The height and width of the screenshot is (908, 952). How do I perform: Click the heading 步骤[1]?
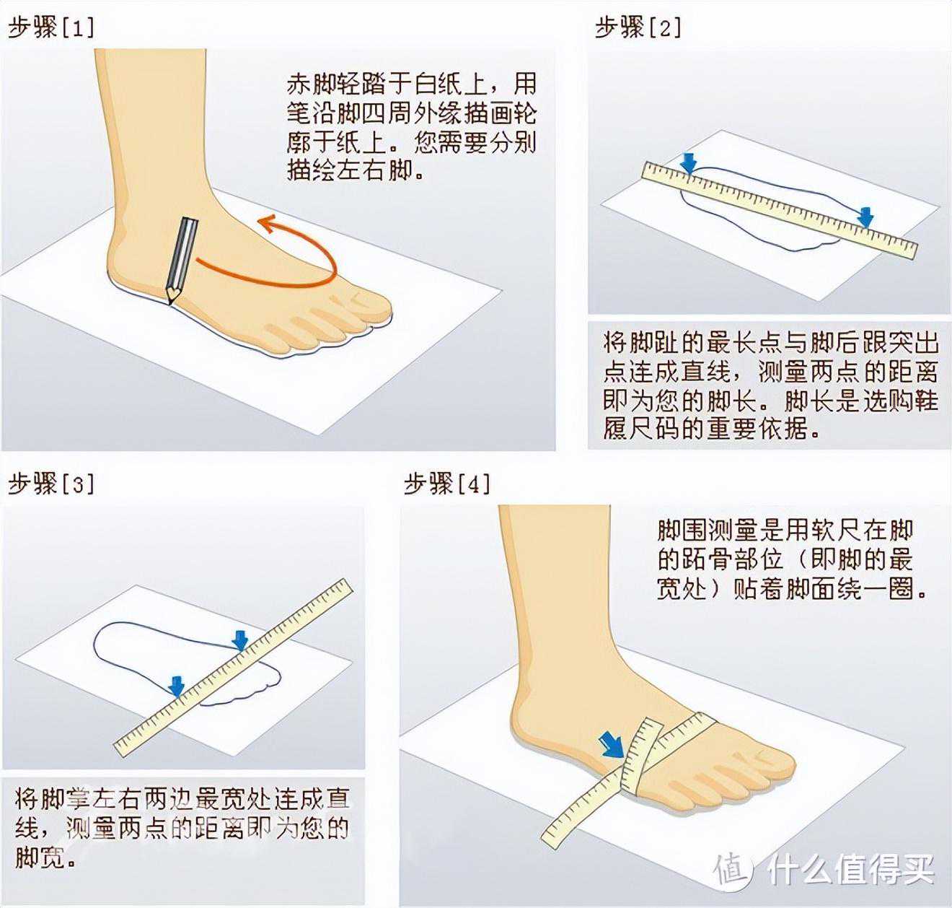point(51,28)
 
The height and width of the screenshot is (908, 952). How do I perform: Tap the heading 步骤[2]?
point(638,27)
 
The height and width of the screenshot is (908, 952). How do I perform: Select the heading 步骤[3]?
point(51,484)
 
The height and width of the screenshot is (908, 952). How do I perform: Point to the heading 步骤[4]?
point(447,484)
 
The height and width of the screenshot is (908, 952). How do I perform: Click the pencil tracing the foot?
point(182,262)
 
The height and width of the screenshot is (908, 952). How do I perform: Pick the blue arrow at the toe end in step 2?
point(865,217)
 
